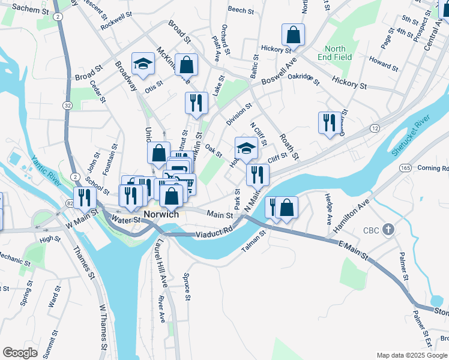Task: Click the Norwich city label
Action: [x=160, y=214]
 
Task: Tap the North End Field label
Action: [x=336, y=53]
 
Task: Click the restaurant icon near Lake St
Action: [x=196, y=103]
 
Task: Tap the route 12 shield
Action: [x=375, y=129]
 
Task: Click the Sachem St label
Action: [x=25, y=8]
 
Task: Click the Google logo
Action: [x=20, y=353]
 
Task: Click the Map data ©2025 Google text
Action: [x=411, y=355]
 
